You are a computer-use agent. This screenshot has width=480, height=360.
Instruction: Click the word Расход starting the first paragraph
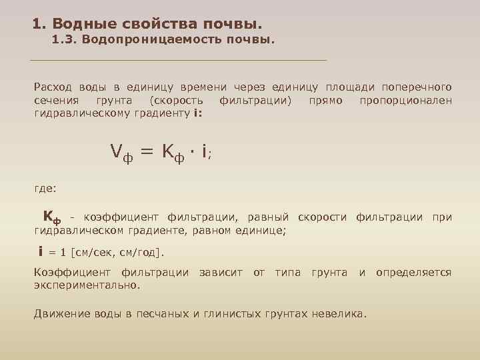[x=53, y=87]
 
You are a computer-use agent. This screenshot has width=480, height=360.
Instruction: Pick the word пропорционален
[x=405, y=100]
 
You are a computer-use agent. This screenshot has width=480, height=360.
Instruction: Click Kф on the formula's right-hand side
[x=175, y=153]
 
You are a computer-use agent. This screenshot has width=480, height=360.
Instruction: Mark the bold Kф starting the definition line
[x=52, y=217]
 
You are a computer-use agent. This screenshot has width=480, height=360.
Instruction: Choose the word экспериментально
[x=87, y=285]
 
